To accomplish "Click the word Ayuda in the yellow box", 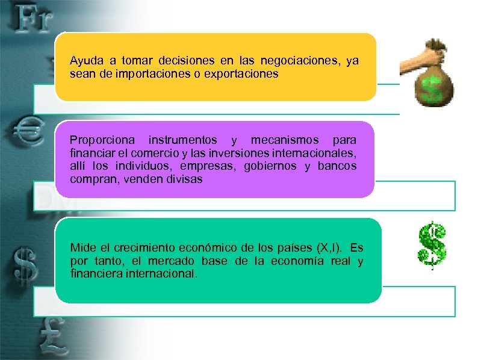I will point(86,61).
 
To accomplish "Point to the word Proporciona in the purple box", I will point(101,140).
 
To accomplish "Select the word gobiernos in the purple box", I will point(270,166).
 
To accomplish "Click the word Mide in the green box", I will point(82,247).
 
